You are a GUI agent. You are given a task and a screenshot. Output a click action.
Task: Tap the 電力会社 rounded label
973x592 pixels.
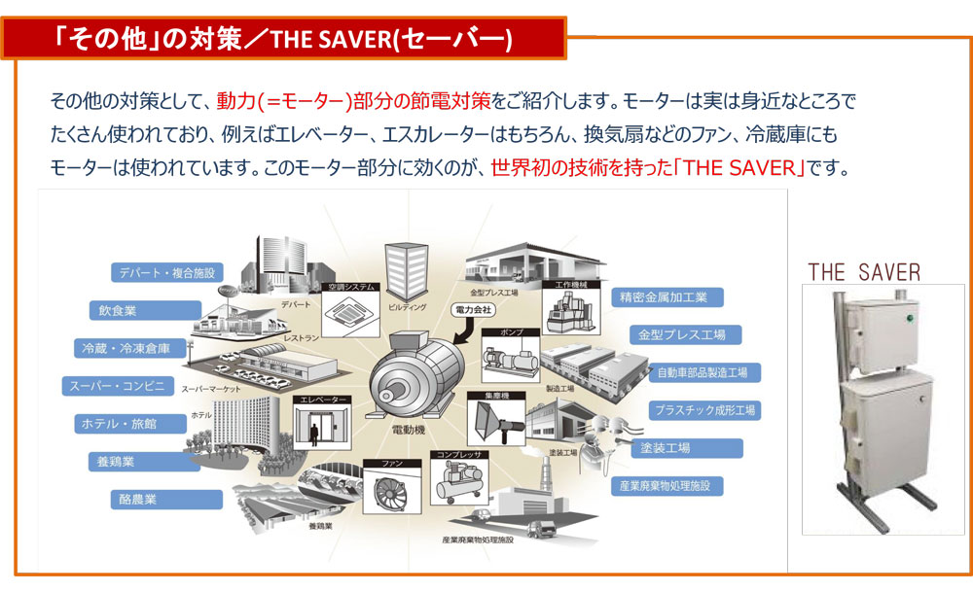point(473,309)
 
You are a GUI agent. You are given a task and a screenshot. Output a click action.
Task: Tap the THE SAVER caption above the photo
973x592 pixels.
point(863,271)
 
